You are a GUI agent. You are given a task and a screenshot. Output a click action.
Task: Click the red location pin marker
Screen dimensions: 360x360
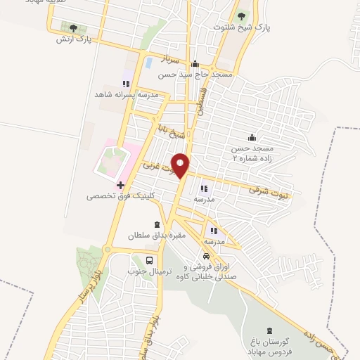181,165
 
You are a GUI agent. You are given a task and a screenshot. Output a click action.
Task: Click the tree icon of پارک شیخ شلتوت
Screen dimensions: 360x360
242,15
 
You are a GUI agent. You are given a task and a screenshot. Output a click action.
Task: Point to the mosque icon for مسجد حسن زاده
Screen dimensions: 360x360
252,138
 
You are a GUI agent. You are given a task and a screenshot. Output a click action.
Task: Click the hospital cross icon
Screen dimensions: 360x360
121,186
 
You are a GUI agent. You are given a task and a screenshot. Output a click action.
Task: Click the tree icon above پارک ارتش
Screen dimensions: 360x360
73,27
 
